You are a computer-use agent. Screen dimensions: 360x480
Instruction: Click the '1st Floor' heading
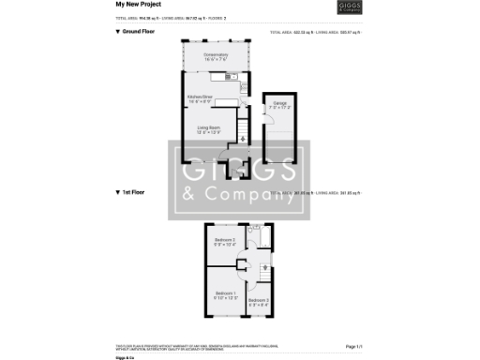(131, 192)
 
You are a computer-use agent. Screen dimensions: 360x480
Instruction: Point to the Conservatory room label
(217, 55)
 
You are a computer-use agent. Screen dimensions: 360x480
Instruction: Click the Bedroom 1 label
(226, 294)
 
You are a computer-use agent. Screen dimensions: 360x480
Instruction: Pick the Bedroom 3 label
(261, 300)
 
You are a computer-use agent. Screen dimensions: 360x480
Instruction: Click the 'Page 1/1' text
(353, 347)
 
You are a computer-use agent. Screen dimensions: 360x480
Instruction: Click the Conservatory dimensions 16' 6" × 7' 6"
(217, 61)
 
